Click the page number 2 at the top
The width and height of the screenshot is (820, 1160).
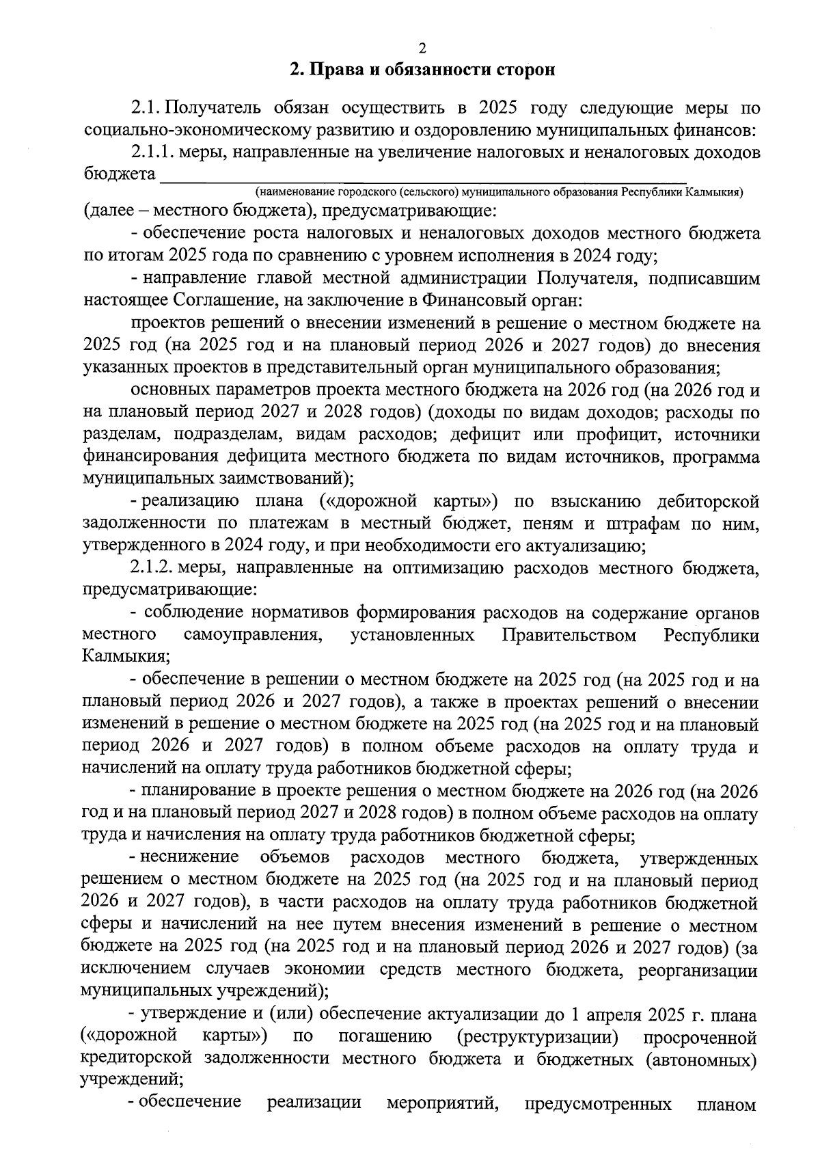(421, 47)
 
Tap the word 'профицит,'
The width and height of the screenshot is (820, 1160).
(618, 435)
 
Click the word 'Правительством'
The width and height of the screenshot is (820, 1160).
(569, 636)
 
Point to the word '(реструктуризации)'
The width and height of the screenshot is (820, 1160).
(537, 1037)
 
